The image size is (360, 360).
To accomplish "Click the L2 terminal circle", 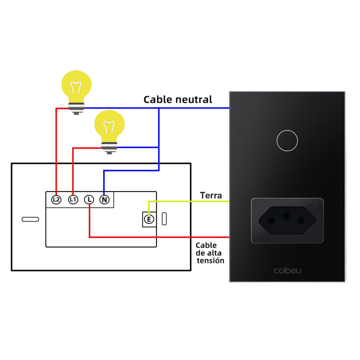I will (56, 199).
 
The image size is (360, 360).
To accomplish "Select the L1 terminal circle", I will (73, 199).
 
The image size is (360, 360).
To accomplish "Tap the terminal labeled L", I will (89, 199).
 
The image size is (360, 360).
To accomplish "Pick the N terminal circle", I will (104, 199).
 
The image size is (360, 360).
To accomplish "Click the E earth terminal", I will (148, 219).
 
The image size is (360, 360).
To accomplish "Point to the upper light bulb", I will (76, 88).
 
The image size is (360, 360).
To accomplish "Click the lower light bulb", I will (109, 127).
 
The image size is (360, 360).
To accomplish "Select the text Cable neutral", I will (178, 99).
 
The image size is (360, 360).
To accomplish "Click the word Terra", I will (210, 195).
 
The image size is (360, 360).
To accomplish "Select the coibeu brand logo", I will (287, 270).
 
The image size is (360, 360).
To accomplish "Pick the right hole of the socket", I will (301, 221).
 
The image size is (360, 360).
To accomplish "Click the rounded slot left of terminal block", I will (30, 219).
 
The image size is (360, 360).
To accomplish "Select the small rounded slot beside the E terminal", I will (164, 219).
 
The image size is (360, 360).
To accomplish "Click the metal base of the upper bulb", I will (76, 107).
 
